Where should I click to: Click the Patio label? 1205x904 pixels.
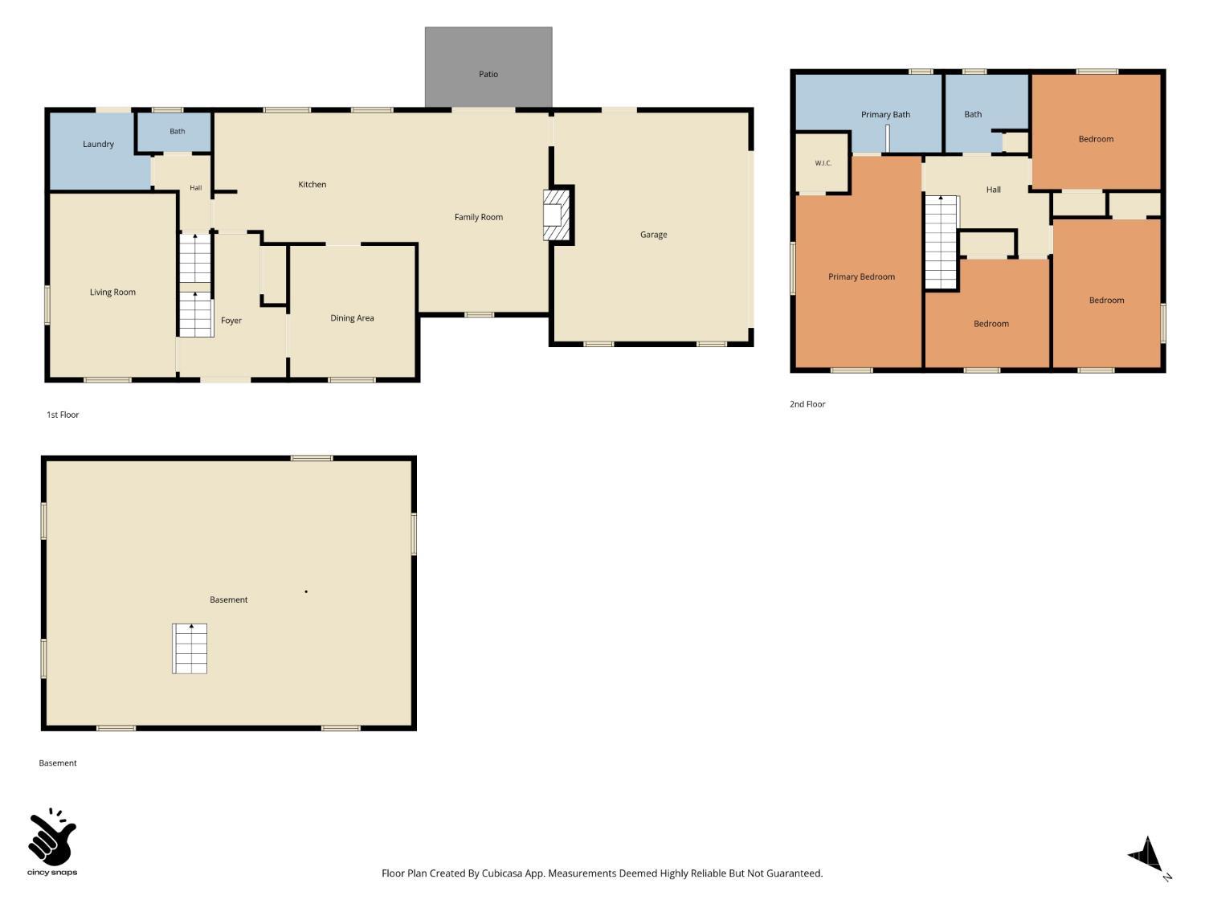[x=488, y=74]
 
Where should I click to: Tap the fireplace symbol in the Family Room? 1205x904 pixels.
[x=556, y=215]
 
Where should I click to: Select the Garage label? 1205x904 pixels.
[x=653, y=235]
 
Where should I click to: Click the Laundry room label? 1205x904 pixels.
[x=98, y=145]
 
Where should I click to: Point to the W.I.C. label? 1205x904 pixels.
[x=823, y=163]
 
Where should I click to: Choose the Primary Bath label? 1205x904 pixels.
[x=885, y=115]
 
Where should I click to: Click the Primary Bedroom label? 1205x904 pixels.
[x=861, y=277]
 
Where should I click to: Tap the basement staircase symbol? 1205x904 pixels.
[x=190, y=648]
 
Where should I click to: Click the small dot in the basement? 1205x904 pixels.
[x=306, y=591]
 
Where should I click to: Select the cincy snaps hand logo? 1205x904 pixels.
[x=52, y=837]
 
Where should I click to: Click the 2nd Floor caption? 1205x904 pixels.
[x=807, y=404]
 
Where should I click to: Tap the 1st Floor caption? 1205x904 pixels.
[x=63, y=415]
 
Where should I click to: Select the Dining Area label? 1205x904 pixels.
[x=352, y=318]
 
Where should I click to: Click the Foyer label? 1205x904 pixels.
[x=231, y=321]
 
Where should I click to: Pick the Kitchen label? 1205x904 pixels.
[x=312, y=185]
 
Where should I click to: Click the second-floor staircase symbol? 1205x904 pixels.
[x=942, y=242]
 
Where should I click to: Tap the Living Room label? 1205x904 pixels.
[x=112, y=292]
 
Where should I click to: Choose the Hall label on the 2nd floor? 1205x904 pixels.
[x=993, y=190]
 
